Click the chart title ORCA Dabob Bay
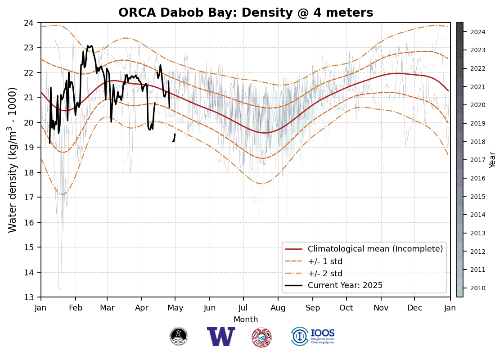click(246, 13)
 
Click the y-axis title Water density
click(12, 160)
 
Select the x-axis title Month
click(246, 319)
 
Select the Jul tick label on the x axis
click(243, 308)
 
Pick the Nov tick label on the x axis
click(381, 308)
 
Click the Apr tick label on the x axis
click(142, 308)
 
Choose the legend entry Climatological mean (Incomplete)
click(375, 249)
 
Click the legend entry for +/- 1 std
click(325, 261)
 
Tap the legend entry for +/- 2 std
click(325, 273)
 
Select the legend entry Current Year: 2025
click(345, 285)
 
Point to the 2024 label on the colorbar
click(477, 32)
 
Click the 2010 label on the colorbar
click(477, 288)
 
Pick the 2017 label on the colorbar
click(477, 160)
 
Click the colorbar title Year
click(493, 160)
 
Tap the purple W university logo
click(221, 337)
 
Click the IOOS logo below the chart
click(313, 337)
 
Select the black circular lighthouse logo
click(179, 337)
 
